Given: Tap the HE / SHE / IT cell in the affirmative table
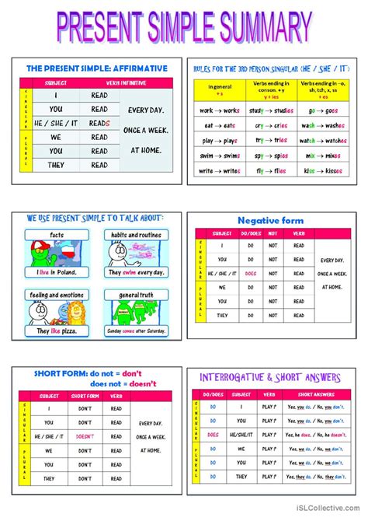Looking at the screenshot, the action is [56, 123].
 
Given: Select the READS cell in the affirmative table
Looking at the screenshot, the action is [99, 123].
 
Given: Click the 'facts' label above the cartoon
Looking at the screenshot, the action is [57, 234].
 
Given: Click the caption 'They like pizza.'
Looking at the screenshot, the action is [57, 331].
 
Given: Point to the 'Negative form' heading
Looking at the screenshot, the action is [270, 221].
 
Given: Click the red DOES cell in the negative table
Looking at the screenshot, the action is [250, 273].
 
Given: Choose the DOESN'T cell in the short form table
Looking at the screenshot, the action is [85, 437].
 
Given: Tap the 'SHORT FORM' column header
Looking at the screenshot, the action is [85, 395].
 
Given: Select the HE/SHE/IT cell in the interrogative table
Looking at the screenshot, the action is [241, 435].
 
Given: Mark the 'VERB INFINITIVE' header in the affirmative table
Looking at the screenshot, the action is [121, 82].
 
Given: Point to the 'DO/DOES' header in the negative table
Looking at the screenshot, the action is [250, 233].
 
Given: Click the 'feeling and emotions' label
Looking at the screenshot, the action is [57, 295].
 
